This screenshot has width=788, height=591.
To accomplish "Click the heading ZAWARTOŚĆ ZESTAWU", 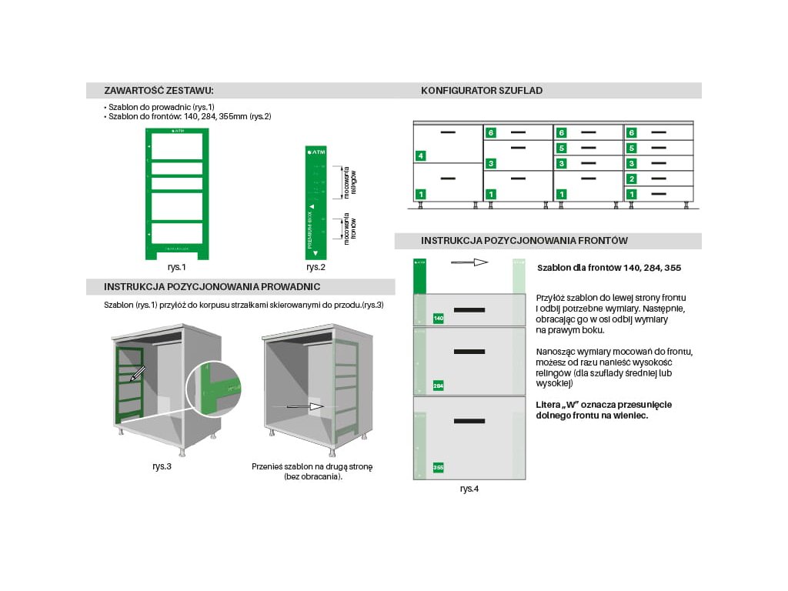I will (159, 91).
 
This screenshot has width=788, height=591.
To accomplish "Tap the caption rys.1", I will (177, 267).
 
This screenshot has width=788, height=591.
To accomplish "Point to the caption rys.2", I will (316, 267).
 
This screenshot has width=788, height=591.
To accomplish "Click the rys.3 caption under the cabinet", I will (162, 466).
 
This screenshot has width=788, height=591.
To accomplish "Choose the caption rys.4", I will (469, 488).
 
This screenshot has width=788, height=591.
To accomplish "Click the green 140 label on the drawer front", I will (439, 318).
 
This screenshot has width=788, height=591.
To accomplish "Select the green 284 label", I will (439, 385).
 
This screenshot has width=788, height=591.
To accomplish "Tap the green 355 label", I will (439, 467).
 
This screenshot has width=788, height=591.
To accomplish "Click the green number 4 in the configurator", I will (420, 156).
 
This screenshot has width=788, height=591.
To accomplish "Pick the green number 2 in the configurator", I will (631, 179).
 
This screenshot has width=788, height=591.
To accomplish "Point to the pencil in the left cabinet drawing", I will (137, 375).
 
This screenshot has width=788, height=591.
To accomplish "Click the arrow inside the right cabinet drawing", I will (305, 406).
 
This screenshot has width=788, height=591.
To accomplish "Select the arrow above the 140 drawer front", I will (469, 262).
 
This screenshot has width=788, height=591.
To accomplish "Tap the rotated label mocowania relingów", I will (349, 182).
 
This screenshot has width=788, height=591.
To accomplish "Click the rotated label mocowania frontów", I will (349, 229).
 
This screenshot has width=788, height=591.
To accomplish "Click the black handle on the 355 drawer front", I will (469, 421).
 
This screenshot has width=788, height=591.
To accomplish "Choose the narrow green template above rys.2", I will (316, 202).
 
